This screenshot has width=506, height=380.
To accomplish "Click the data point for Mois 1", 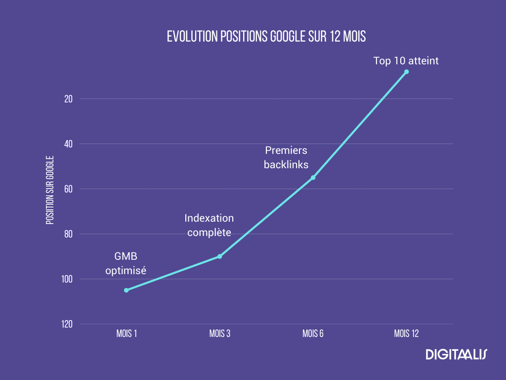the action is click(x=126, y=290).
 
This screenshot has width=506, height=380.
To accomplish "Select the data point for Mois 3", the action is click(x=220, y=256).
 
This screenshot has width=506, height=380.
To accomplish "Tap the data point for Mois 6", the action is click(x=313, y=178).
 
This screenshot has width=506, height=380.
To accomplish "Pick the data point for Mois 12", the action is click(x=406, y=72).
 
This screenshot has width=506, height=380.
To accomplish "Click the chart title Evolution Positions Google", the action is click(x=266, y=37).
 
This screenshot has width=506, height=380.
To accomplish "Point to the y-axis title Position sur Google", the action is click(x=50, y=190).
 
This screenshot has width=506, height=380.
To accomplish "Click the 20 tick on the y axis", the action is click(x=68, y=99).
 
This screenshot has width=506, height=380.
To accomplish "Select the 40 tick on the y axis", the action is click(x=68, y=144).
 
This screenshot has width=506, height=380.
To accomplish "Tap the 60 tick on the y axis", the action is click(x=68, y=189).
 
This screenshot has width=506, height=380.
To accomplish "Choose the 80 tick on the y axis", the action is click(x=68, y=234).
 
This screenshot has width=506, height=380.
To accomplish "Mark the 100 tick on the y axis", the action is click(x=67, y=279).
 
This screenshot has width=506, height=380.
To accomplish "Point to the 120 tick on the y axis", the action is click(x=67, y=324).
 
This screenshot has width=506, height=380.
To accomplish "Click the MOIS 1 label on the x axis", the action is click(x=126, y=333).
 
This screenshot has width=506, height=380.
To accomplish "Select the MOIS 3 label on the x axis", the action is click(x=220, y=333).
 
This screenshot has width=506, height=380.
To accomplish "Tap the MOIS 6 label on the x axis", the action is click(x=313, y=333).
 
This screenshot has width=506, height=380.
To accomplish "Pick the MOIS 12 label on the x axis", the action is click(x=406, y=333).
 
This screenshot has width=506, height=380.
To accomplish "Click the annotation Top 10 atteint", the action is click(x=406, y=61).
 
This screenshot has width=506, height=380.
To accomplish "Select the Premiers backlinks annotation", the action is click(x=286, y=157).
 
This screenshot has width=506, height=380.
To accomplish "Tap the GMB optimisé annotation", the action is click(x=126, y=263).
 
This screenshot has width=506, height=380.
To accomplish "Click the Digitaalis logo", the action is click(x=456, y=354).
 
